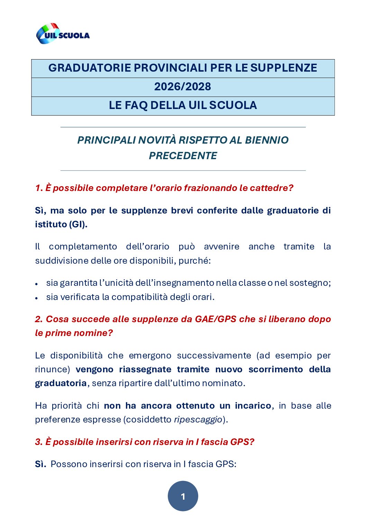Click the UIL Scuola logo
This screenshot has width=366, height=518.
pyautogui.click(x=63, y=34)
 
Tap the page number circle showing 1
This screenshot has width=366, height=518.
pyautogui.click(x=183, y=496)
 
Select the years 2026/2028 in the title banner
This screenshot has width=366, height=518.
pyautogui.click(x=183, y=87)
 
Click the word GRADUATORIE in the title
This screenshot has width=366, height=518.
pyautogui.click(x=89, y=68)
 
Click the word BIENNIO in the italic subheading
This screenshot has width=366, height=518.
pyautogui.click(x=267, y=140)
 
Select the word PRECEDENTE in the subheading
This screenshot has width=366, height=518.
pyautogui.click(x=183, y=156)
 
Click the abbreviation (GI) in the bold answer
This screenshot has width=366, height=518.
pyautogui.click(x=78, y=224)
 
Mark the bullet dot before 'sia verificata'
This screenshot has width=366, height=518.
pyautogui.click(x=36, y=298)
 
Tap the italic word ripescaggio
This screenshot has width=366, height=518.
pyautogui.click(x=198, y=420)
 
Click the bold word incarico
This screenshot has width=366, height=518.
pyautogui.click(x=253, y=406)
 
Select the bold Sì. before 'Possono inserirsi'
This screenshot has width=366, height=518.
pyautogui.click(x=40, y=464)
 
